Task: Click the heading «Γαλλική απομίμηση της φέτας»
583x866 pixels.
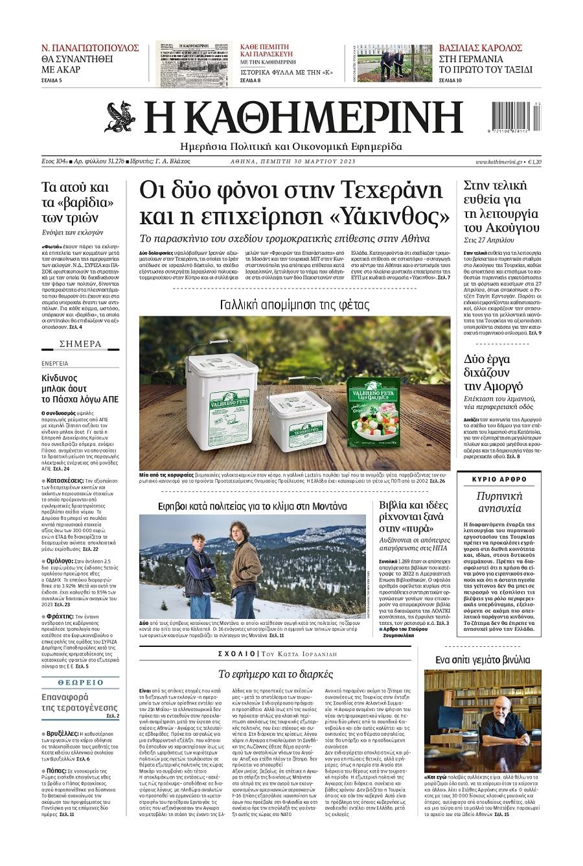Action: point(294,304)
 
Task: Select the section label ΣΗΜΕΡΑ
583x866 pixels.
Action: point(80,344)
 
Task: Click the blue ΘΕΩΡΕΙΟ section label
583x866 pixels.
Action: point(80,683)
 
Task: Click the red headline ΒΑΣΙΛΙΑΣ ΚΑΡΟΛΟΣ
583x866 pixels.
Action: point(481,48)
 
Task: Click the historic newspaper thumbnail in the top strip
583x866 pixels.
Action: point(195,64)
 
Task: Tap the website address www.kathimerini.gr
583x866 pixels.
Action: point(498,161)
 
